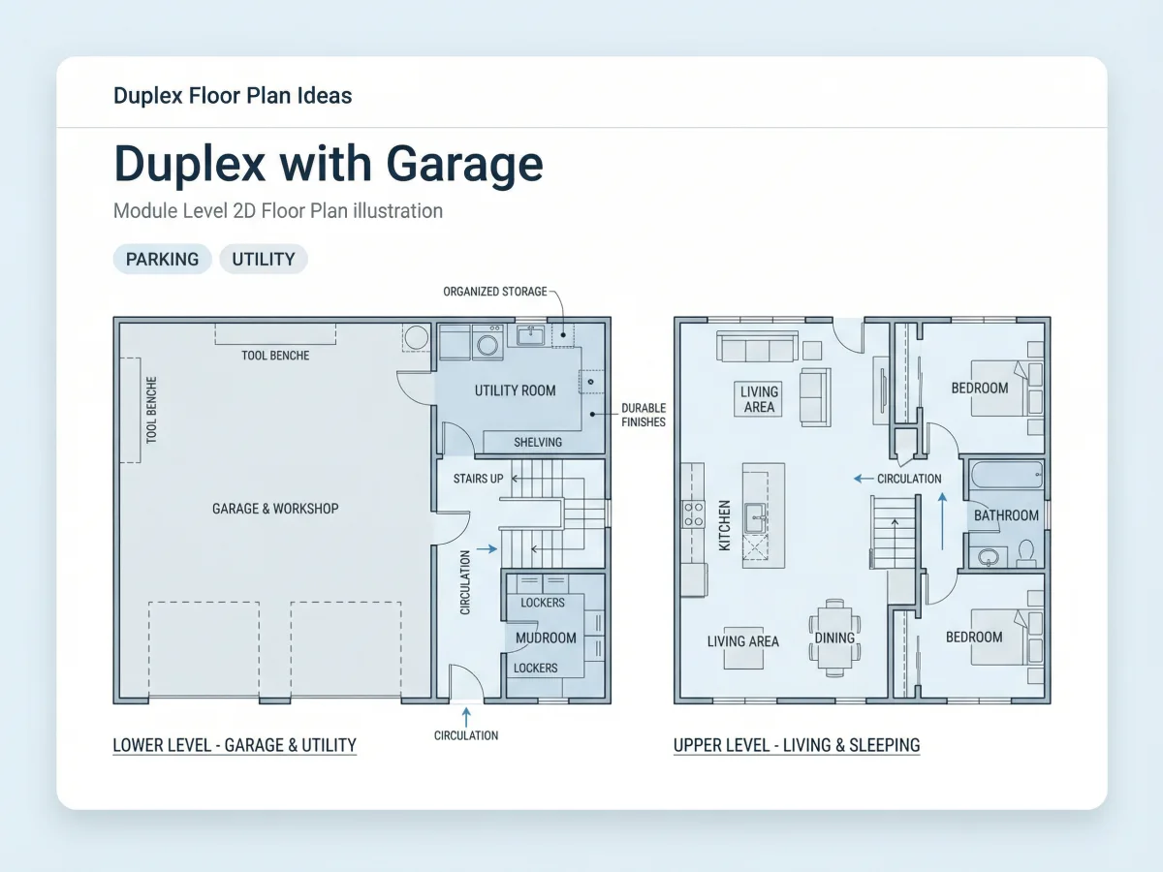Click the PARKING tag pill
[x=162, y=259]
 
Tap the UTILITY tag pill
[x=264, y=259]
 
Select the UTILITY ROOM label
[x=515, y=390]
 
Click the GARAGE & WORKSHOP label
[x=275, y=509]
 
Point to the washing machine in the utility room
[x=487, y=343]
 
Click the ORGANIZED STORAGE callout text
[x=495, y=292]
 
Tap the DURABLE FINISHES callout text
[x=644, y=415]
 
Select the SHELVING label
[x=538, y=442]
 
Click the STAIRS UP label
[x=478, y=479]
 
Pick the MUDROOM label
[x=546, y=638]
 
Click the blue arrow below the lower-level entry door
[x=466, y=717]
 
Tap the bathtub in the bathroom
[x=1007, y=475]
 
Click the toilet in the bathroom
[x=1026, y=552]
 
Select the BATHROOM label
[x=1006, y=515]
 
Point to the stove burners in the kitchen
[x=693, y=514]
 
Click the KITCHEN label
[x=724, y=525]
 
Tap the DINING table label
[x=834, y=638]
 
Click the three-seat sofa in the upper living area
[x=757, y=347]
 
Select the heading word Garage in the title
[x=464, y=164]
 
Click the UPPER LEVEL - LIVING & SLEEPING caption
[x=797, y=745]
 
